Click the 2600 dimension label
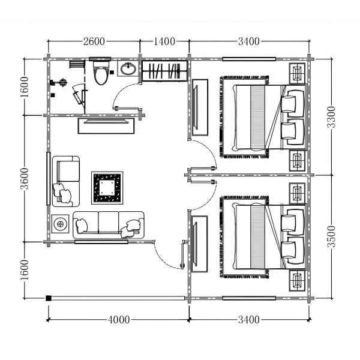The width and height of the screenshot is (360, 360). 94,41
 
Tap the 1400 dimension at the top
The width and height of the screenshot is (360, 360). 164,41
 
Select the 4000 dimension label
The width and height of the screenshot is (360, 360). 119,320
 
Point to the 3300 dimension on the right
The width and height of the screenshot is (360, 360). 331,117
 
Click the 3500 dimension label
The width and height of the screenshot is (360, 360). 331,236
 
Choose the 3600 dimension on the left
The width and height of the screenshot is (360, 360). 25,179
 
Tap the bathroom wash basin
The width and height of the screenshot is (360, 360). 128,68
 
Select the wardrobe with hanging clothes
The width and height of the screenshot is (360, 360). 164,71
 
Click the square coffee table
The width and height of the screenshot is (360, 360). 107,188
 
